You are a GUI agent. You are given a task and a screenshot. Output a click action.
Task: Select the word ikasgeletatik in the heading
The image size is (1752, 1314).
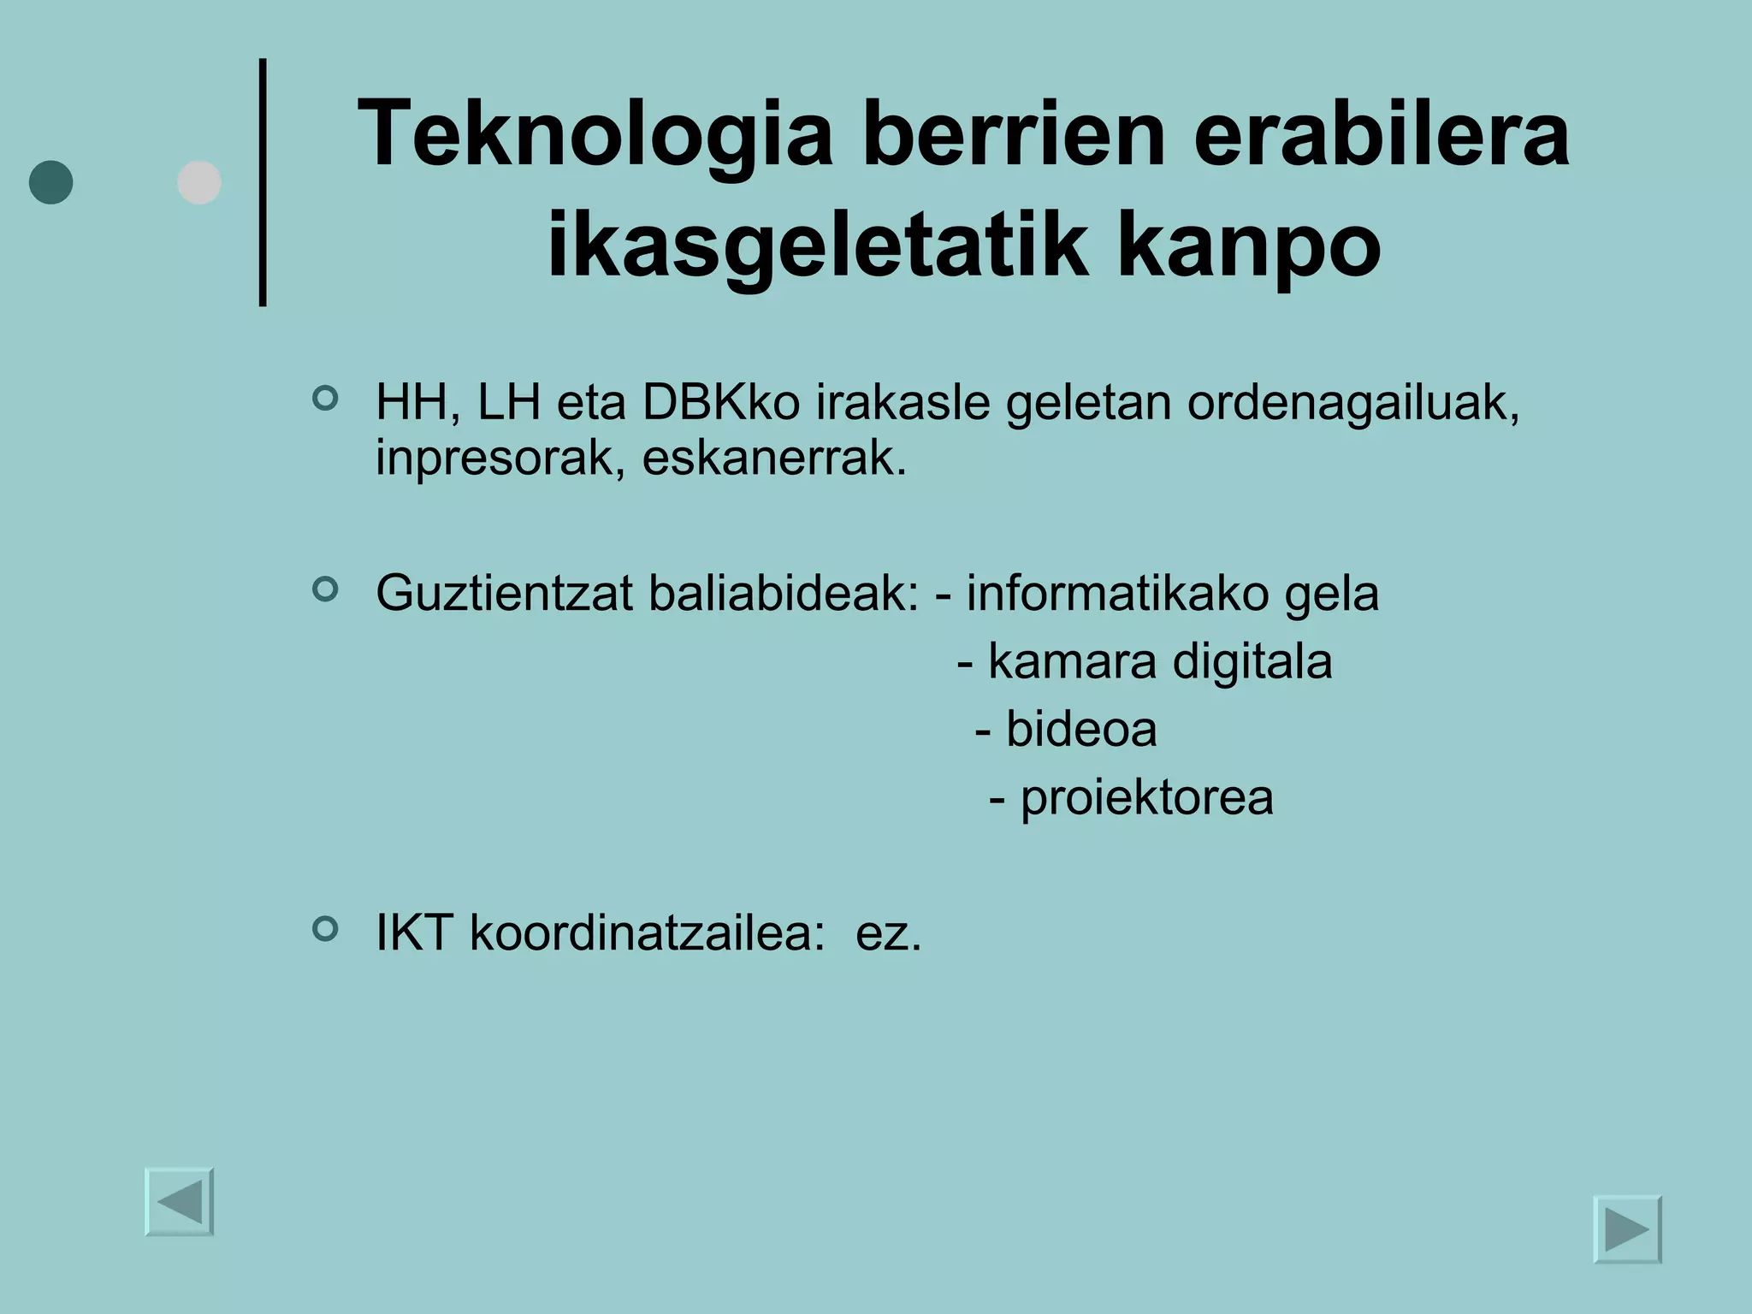click(x=817, y=246)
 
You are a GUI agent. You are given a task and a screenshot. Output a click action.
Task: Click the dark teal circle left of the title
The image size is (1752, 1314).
click(x=51, y=182)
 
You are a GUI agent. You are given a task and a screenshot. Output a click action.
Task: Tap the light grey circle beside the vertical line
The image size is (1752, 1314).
click(x=199, y=182)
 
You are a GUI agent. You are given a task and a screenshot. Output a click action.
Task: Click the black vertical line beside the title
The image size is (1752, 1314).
click(x=263, y=182)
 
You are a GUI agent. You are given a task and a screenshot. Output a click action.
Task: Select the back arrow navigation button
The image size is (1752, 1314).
click(x=180, y=1202)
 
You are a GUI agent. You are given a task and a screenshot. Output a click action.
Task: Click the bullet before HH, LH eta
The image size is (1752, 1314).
click(x=325, y=398)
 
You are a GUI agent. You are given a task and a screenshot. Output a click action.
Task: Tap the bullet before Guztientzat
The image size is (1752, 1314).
click(x=325, y=589)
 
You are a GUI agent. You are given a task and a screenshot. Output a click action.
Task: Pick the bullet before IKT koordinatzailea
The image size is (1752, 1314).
click(x=325, y=928)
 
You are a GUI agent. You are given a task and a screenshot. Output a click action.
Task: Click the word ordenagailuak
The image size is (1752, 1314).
click(x=1352, y=404)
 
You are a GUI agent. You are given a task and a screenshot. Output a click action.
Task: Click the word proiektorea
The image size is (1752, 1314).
click(x=1146, y=798)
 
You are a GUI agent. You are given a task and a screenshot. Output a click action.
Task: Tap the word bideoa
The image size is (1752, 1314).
click(x=1081, y=730)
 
